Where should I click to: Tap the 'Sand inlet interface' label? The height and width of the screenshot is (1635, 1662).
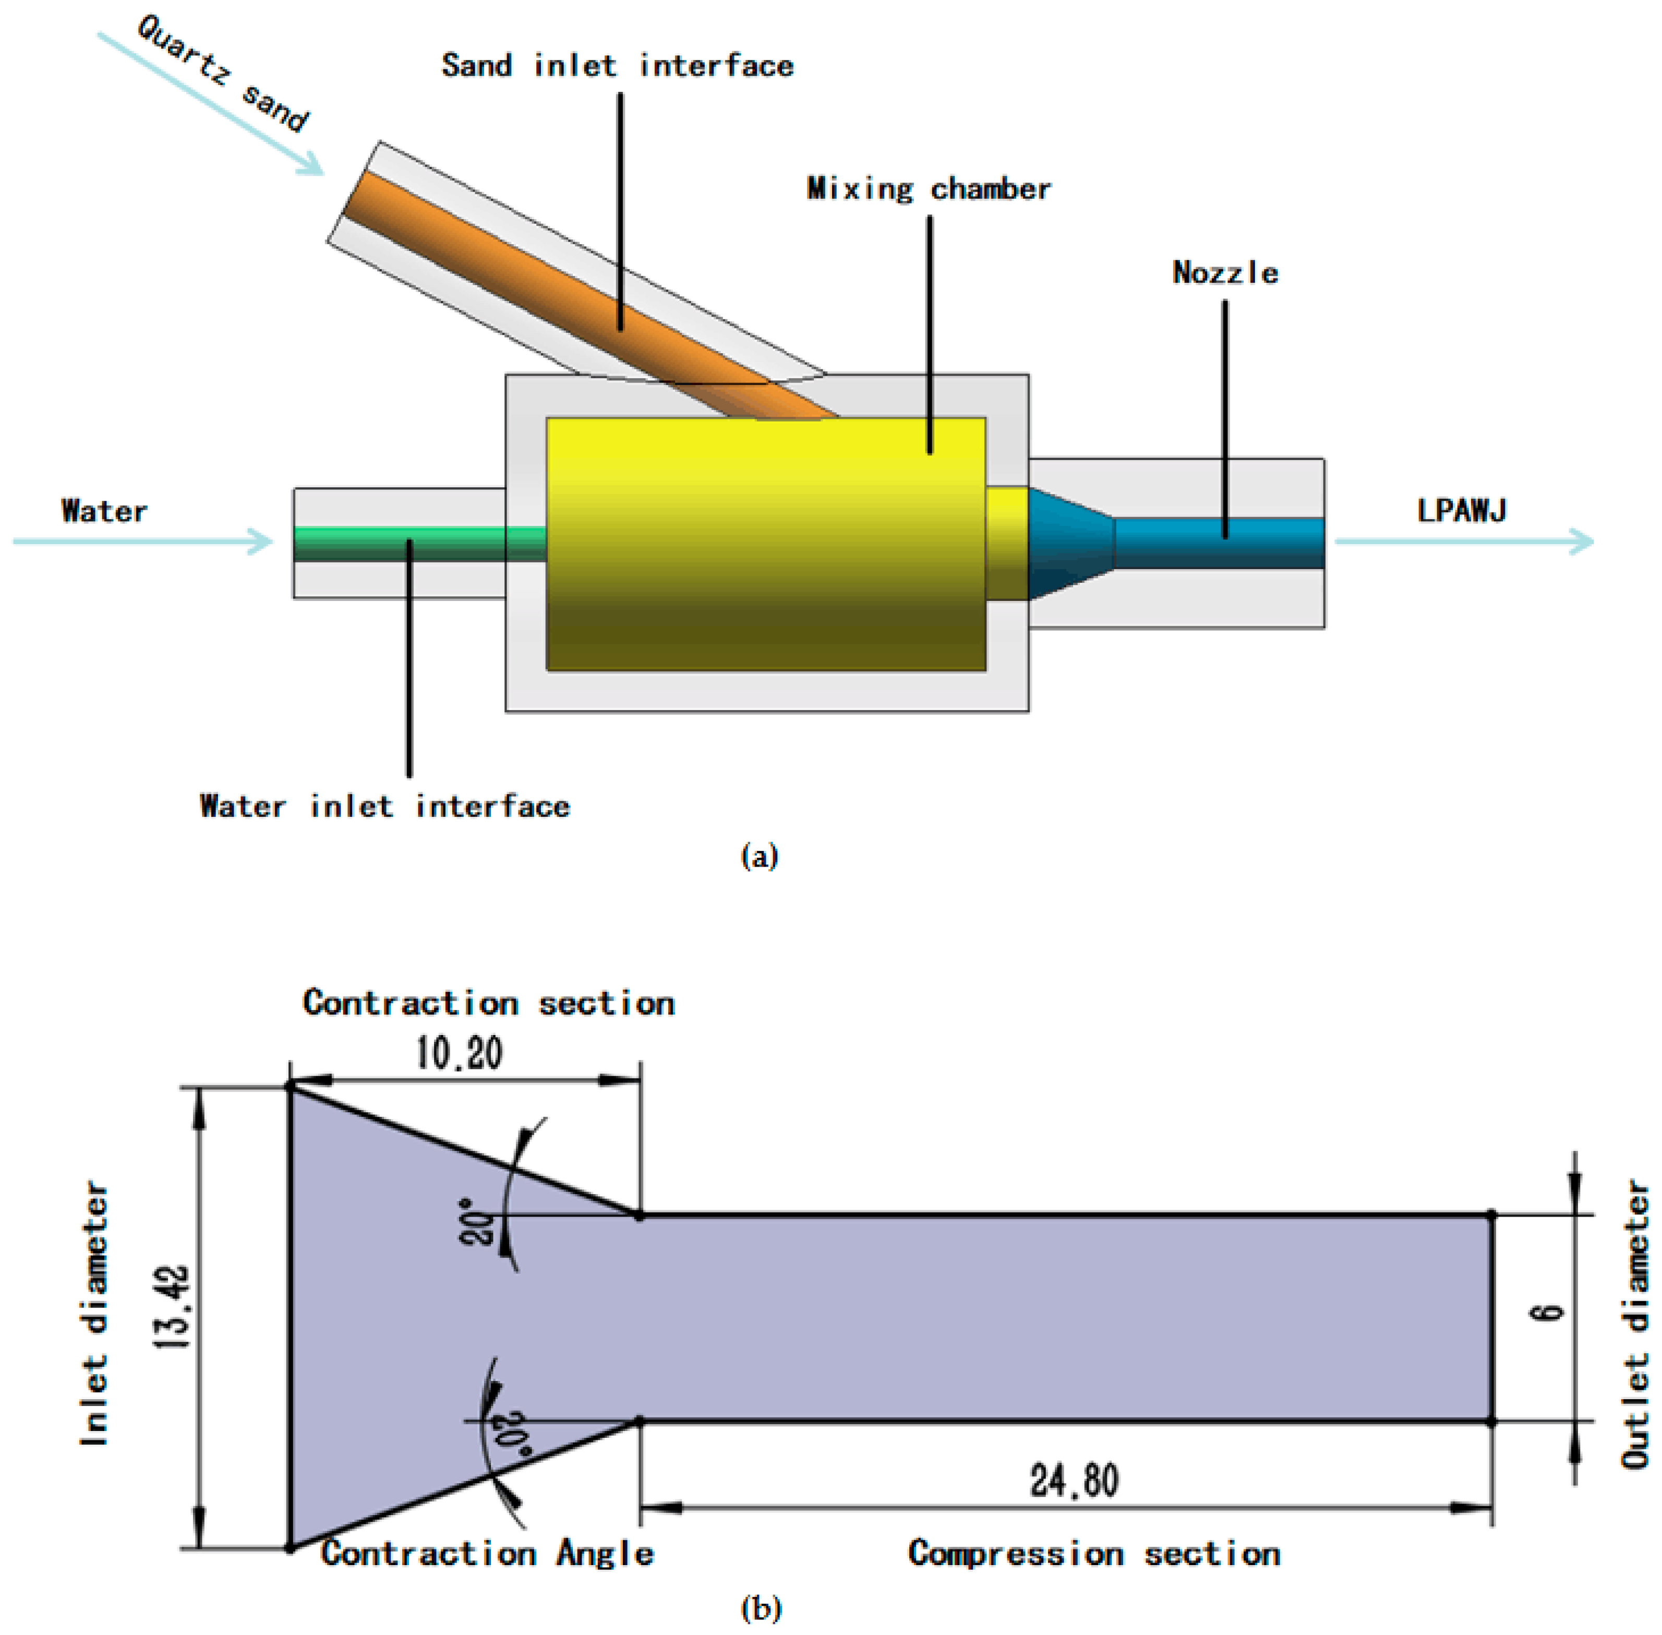tap(617, 65)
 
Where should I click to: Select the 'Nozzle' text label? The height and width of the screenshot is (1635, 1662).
tap(1225, 272)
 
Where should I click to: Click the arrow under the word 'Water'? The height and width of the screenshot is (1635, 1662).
tap(142, 541)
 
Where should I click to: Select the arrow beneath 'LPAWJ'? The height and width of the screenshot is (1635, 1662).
tap(1464, 541)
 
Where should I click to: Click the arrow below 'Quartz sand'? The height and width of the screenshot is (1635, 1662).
tap(210, 103)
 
